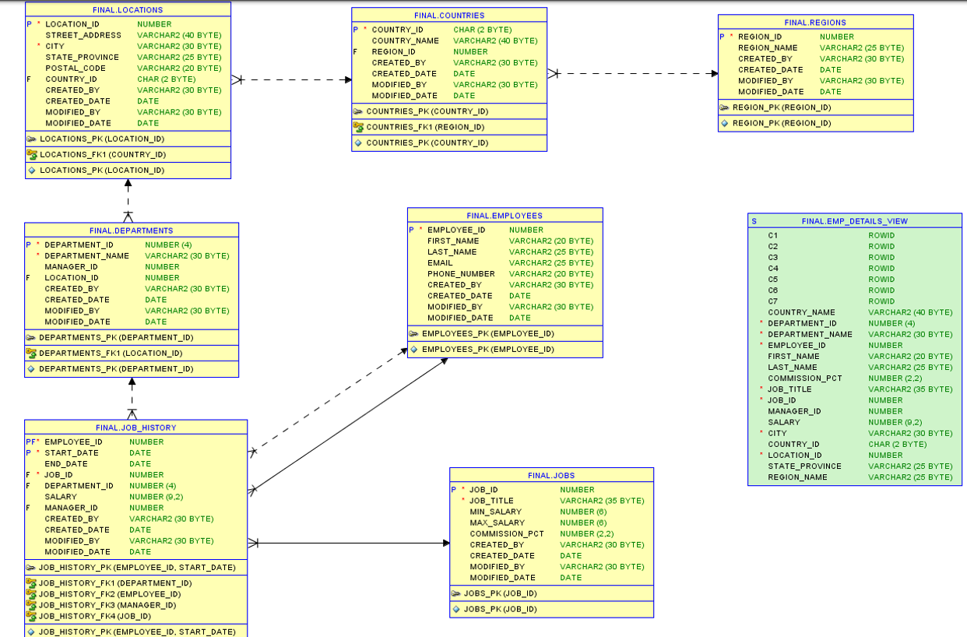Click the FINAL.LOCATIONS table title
128,10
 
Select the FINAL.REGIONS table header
815,23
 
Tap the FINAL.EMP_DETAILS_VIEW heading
854,221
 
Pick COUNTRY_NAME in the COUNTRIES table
405,40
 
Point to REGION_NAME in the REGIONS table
768,48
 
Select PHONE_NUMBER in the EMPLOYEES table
461,273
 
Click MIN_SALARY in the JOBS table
497,512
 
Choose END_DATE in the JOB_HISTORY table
65,463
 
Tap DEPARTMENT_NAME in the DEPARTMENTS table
86,255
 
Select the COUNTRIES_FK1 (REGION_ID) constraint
425,127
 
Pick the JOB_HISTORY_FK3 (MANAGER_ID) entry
107,605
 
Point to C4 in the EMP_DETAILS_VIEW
772,268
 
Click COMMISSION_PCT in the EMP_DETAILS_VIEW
805,378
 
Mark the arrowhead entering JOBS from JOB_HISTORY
445,543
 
